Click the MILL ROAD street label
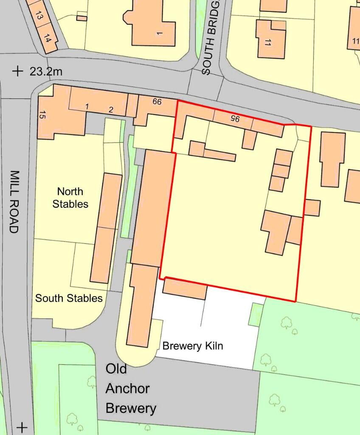pyautogui.click(x=14, y=202)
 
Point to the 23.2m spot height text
pyautogui.click(x=46, y=71)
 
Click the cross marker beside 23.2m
pyautogui.click(x=17, y=71)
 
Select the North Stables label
pyautogui.click(x=70, y=198)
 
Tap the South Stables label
pyautogui.click(x=69, y=298)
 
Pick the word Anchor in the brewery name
pyautogui.click(x=127, y=388)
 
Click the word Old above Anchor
pyautogui.click(x=116, y=369)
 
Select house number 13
pyautogui.click(x=39, y=16)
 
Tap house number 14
pyautogui.click(x=47, y=40)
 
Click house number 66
pyautogui.click(x=157, y=102)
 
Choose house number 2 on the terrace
pyautogui.click(x=111, y=110)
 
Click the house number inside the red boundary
pyautogui.click(x=235, y=119)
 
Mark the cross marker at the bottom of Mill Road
pyautogui.click(x=22, y=427)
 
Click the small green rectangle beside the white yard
pyautogui.click(x=256, y=314)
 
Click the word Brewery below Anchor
pyautogui.click(x=131, y=409)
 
